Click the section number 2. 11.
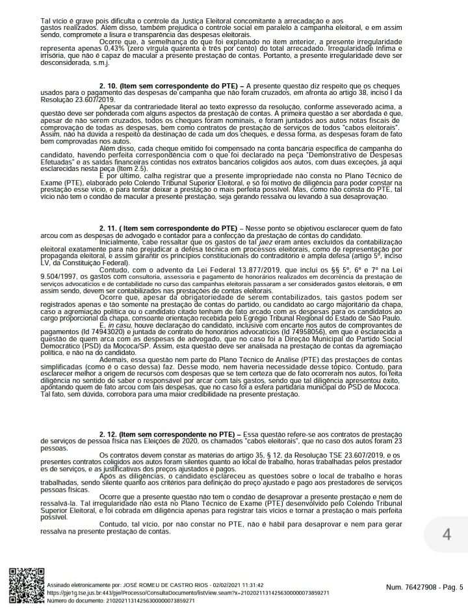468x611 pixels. [111, 229]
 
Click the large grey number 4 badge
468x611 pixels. [446, 534]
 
